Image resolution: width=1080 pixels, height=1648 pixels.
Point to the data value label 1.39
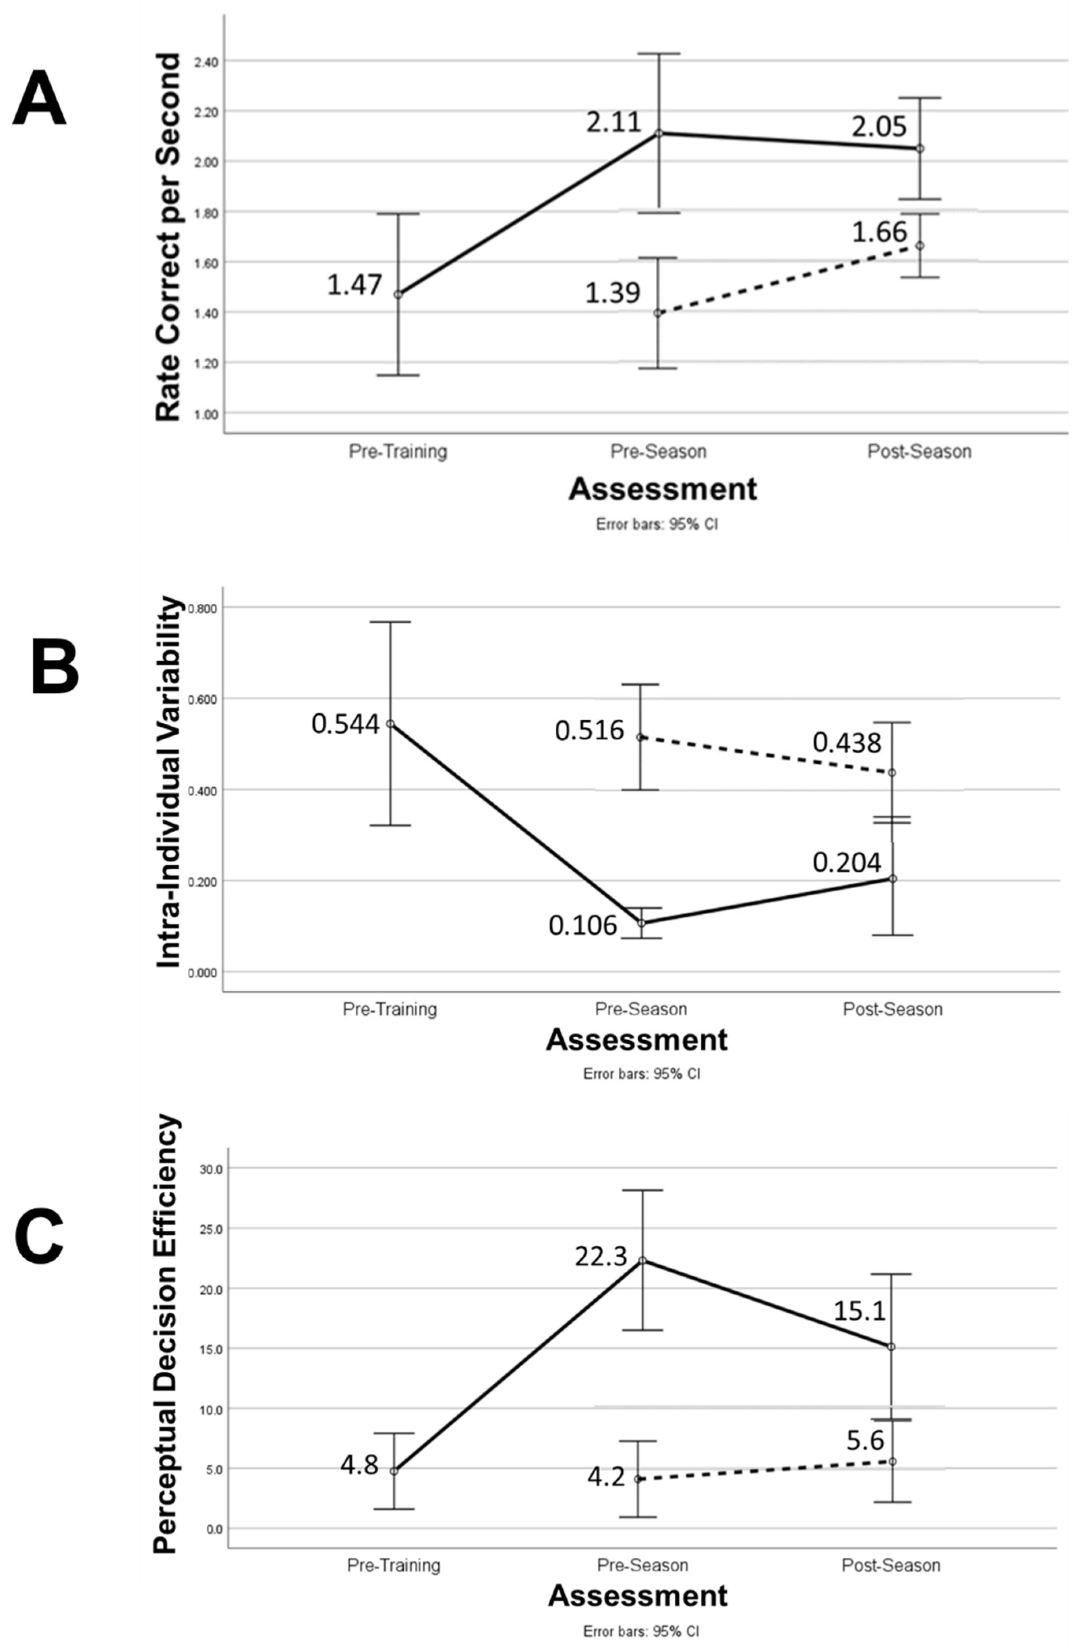point(613,293)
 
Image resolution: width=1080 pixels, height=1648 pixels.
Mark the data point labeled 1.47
point(398,294)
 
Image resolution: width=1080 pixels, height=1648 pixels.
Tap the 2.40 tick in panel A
point(206,61)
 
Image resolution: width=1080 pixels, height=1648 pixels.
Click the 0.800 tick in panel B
point(202,608)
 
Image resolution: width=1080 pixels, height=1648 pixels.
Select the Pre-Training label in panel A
point(398,452)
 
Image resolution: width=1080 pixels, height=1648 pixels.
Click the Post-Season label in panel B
point(893,1009)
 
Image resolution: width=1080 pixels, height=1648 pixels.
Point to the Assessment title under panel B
point(637,1040)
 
